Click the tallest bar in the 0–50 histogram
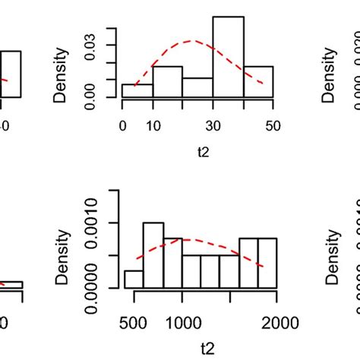pyautogui.click(x=228, y=57)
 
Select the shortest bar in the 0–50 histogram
pyautogui.click(x=137, y=90)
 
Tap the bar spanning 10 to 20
pyautogui.click(x=167, y=82)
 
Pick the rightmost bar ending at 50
pyautogui.click(x=258, y=82)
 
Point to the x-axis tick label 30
pyautogui.click(x=213, y=125)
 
